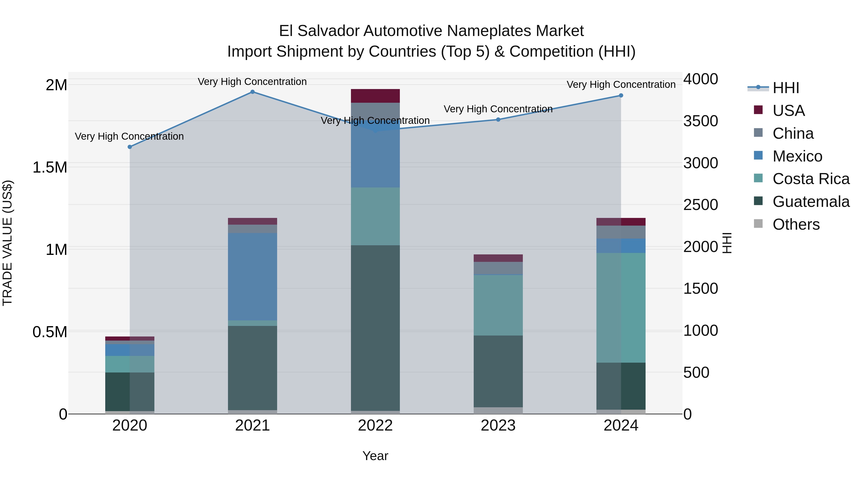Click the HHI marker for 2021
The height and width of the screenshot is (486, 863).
point(253,92)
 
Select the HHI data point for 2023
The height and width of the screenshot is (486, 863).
point(498,120)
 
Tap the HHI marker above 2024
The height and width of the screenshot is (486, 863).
point(621,96)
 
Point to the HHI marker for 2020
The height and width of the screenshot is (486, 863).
point(130,147)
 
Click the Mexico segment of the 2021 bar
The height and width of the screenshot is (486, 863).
point(253,277)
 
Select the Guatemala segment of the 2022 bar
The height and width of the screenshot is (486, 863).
point(375,328)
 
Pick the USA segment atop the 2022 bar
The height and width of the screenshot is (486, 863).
point(375,96)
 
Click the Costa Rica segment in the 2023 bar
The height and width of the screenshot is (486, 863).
point(498,305)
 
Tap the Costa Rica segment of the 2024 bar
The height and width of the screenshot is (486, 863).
point(621,308)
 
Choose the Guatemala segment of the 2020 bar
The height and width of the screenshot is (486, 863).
point(130,391)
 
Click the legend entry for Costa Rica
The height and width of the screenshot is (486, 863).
point(811,179)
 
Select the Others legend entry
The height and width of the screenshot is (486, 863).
point(796,224)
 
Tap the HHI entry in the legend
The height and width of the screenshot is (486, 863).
point(786,88)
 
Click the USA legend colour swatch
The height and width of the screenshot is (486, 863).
point(758,110)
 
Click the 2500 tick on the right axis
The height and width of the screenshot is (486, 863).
point(700,205)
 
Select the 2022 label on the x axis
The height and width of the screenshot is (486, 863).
point(375,426)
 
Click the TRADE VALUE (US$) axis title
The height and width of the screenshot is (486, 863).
point(8,243)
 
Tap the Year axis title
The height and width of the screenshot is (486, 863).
point(375,456)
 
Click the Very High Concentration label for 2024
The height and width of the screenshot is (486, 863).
point(621,84)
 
